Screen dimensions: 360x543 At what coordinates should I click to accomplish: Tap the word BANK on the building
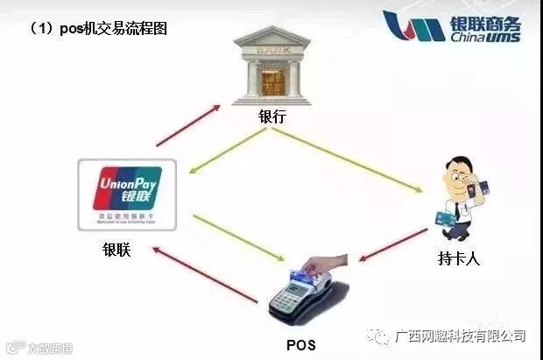coord(271,50)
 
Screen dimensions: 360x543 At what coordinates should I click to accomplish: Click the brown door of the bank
coord(272,82)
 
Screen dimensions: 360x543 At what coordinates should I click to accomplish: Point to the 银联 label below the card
coord(115,250)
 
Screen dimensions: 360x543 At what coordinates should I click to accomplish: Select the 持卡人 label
coord(459,258)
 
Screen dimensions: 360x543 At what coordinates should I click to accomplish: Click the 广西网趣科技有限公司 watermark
coord(460,335)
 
